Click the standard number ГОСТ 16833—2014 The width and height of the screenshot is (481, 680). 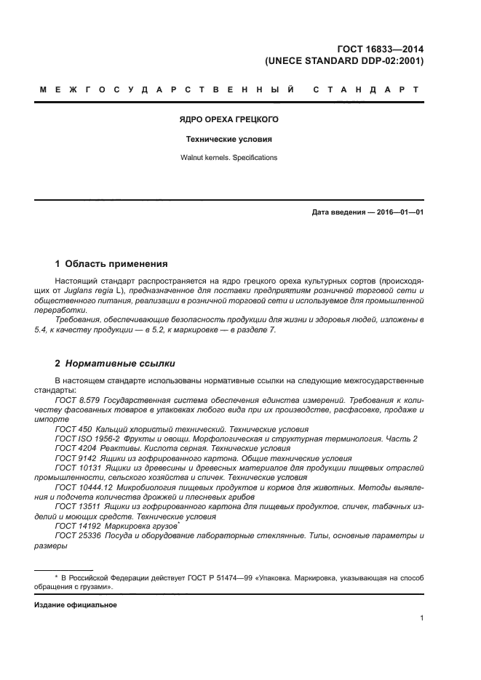coord(381,49)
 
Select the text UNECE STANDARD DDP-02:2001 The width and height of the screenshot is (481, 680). coord(344,61)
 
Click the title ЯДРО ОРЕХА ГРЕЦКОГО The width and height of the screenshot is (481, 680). coord(229,119)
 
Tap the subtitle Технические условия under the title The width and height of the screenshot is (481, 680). coord(229,138)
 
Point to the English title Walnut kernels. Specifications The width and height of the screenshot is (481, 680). coord(229,157)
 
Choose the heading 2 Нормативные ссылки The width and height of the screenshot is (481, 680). coord(115,363)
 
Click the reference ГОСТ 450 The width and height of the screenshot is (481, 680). coord(72,429)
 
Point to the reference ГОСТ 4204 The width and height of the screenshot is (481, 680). coord(74,448)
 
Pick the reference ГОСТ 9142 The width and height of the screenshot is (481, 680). coord(74,458)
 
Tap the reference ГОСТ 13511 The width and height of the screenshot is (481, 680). coord(76,505)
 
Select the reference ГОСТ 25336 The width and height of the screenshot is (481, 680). coord(76,535)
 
